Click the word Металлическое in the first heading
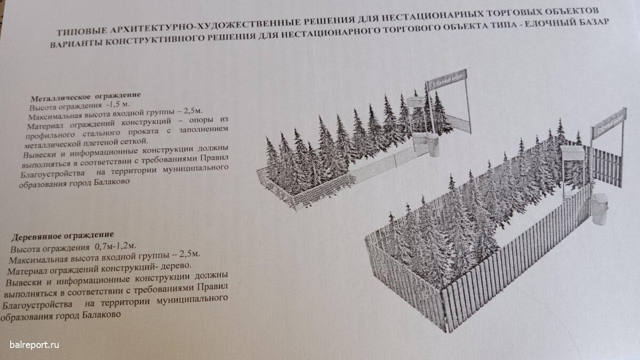click(x=61, y=98)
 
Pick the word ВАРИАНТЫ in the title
click(x=76, y=43)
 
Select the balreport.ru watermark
click(x=34, y=345)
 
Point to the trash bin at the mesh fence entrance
click(x=434, y=147)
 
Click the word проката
click(x=143, y=131)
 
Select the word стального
click(x=101, y=133)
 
